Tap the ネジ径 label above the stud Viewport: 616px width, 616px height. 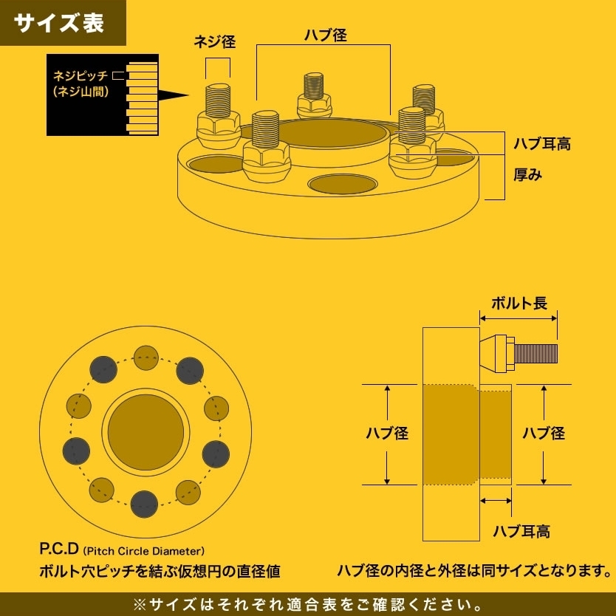214,42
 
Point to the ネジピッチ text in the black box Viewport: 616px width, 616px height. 81,75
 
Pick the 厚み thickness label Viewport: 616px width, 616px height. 528,175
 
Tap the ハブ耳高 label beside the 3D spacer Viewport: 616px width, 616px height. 542,143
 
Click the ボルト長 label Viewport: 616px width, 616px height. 519,302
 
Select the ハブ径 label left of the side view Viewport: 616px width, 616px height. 387,434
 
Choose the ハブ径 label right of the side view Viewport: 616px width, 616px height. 544,434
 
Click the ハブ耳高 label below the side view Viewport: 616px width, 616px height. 521,530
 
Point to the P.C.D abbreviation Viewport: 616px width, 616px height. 59,550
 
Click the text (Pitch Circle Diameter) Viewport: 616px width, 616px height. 144,551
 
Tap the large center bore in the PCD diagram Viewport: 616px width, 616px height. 146,432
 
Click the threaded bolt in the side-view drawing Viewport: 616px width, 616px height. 535,353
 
